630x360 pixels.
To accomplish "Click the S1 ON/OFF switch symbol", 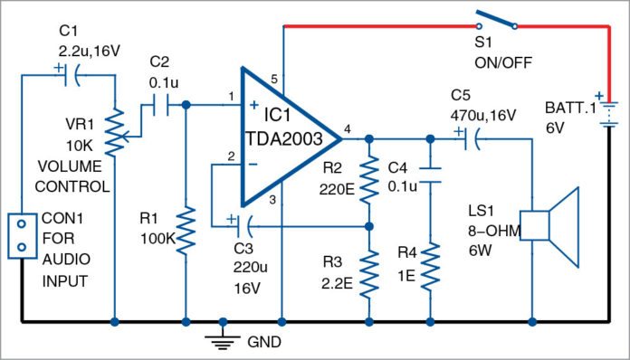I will click(492, 22).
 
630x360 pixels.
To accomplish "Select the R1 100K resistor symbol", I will click(186, 231).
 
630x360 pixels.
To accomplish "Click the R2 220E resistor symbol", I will click(369, 181).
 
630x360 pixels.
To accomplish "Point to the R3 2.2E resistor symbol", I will click(369, 274).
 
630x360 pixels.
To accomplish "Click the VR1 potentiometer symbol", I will click(117, 132).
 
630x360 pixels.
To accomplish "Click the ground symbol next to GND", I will click(222, 337).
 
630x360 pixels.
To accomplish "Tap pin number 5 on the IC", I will click(274, 81).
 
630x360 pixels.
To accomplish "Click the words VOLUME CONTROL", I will click(73, 178).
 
